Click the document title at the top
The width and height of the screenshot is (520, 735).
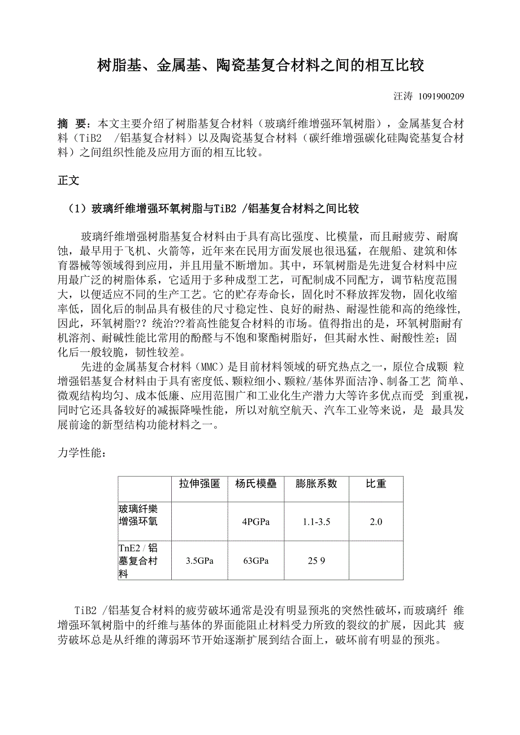[260, 66]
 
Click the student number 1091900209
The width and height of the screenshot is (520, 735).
[441, 97]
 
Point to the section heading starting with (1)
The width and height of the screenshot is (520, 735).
[213, 209]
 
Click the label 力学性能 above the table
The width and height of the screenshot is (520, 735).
[81, 453]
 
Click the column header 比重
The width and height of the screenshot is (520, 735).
[376, 484]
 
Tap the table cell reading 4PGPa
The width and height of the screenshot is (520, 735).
[255, 522]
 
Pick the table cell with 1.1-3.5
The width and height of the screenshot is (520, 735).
[316, 522]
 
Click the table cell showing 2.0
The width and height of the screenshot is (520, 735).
[376, 522]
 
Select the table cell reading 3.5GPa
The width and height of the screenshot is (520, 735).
[199, 561]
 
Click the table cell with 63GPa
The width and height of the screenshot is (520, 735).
[255, 561]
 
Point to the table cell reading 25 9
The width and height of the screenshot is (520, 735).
[316, 561]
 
